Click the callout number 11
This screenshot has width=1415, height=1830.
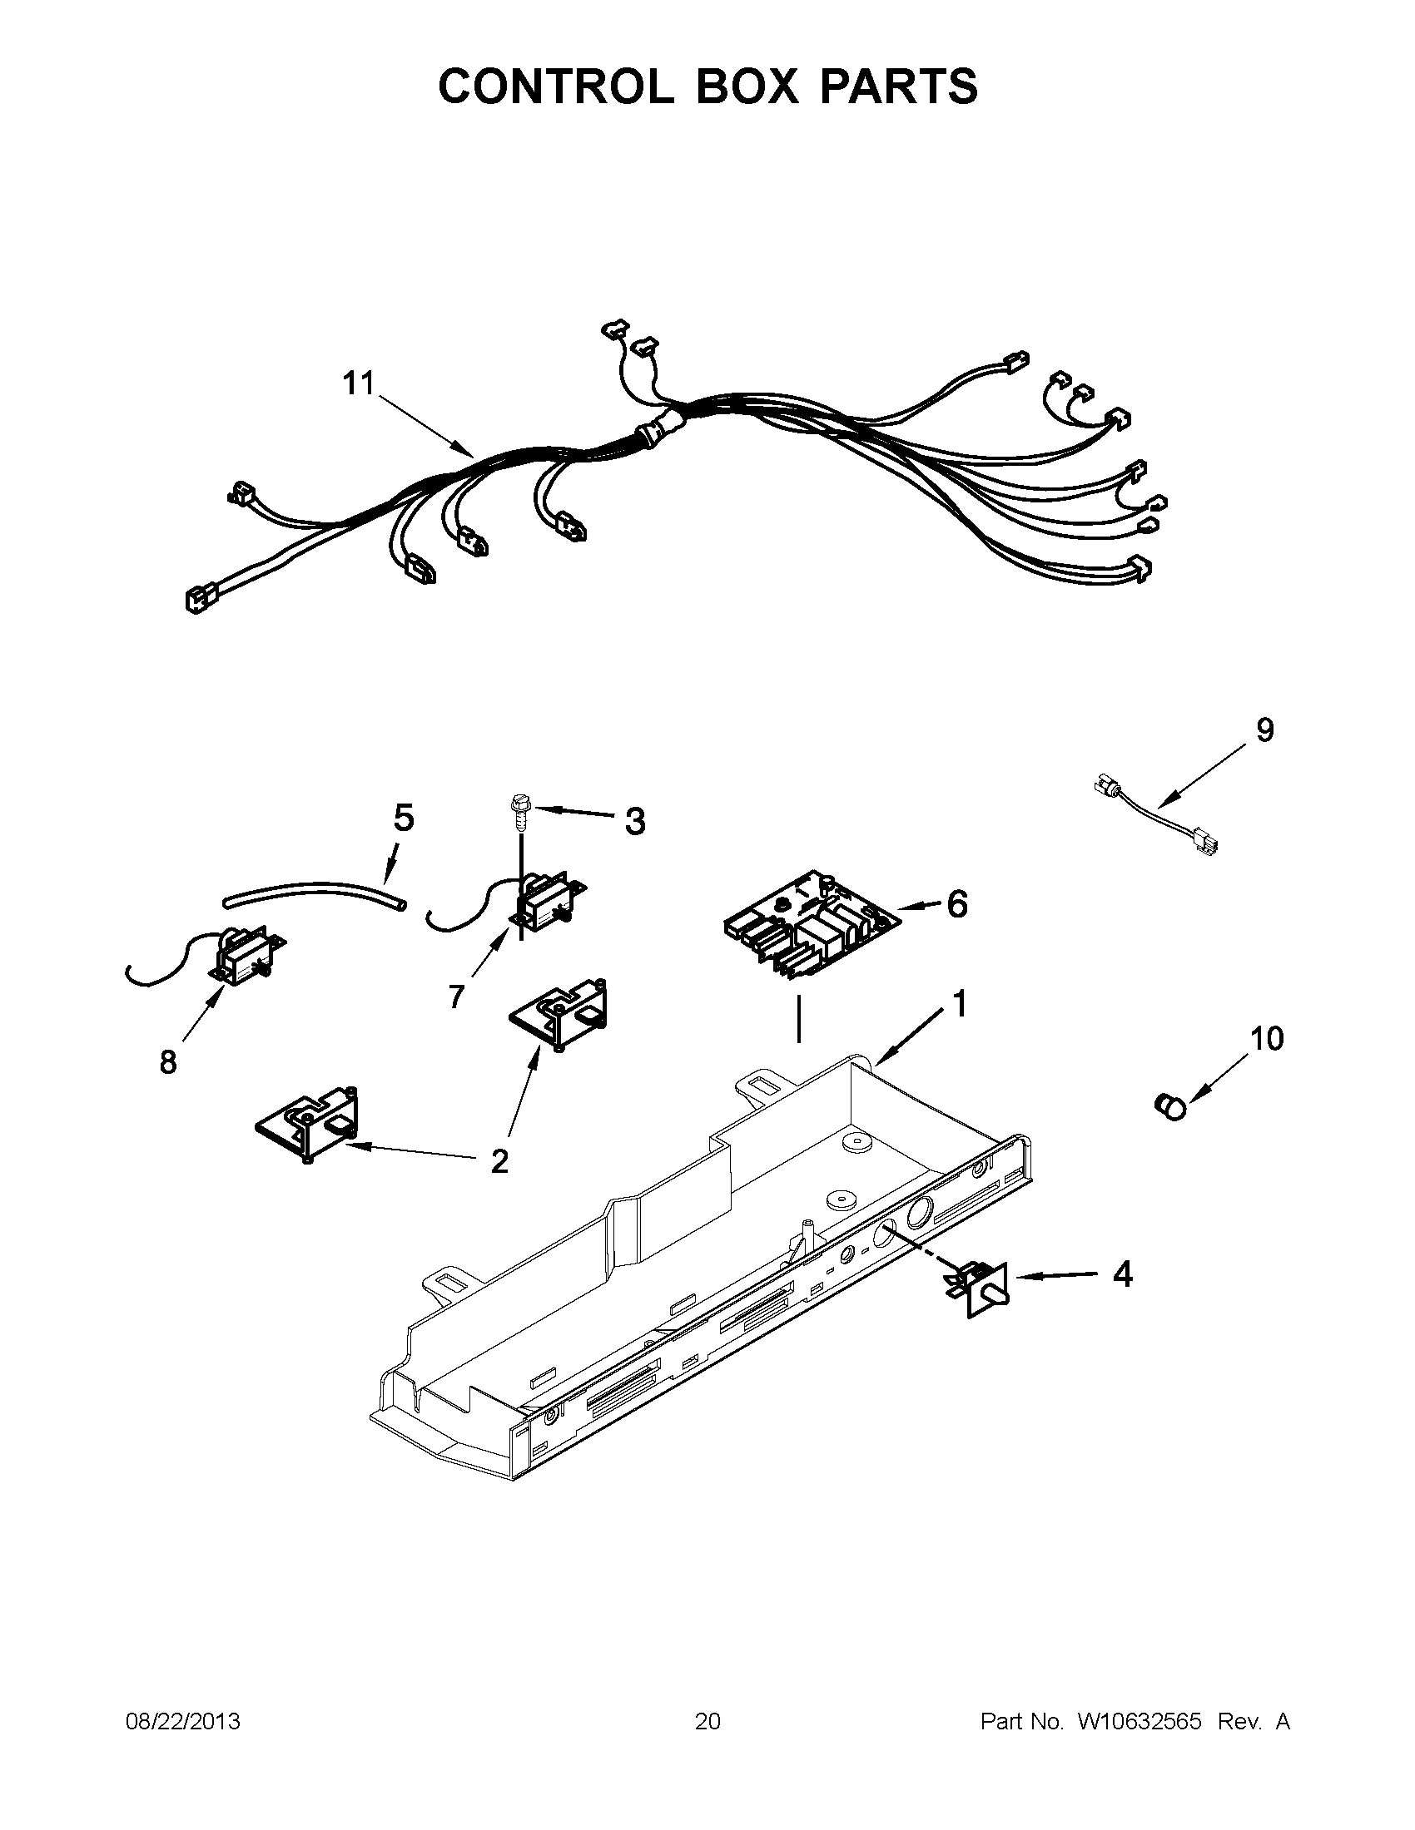pyautogui.click(x=358, y=383)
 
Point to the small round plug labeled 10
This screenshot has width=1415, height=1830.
pyautogui.click(x=1171, y=1107)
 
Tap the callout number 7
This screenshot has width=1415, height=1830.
pyautogui.click(x=455, y=997)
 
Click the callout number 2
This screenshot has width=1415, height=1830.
pyautogui.click(x=499, y=1161)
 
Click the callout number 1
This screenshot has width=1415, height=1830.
pyautogui.click(x=960, y=1004)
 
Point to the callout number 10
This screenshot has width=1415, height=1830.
pyautogui.click(x=1267, y=1039)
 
